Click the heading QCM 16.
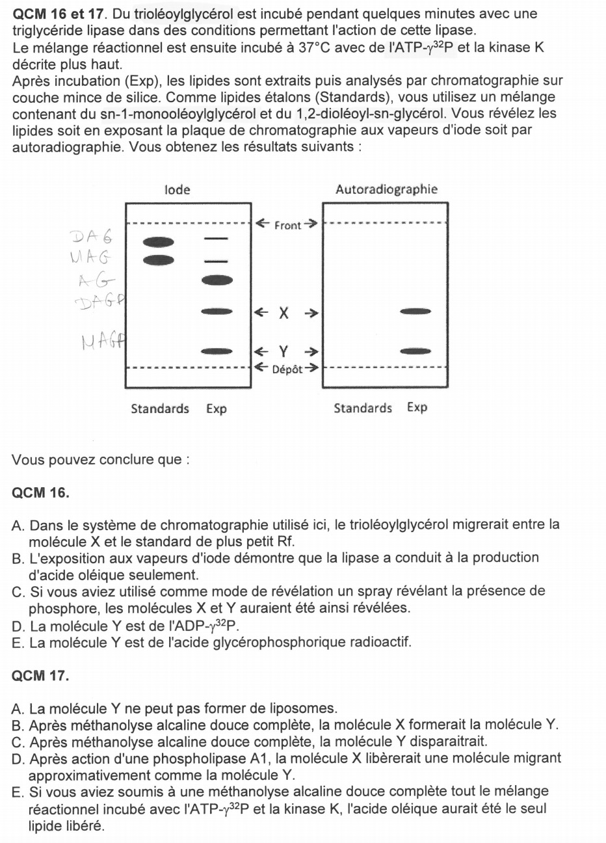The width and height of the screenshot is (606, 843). tap(40, 492)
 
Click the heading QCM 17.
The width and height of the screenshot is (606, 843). tap(40, 676)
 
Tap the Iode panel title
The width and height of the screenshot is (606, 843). tap(178, 190)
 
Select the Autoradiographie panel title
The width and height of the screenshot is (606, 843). tap(386, 190)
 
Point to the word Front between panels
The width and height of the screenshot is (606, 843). tap(287, 226)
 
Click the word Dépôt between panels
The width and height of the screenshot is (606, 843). tap(287, 369)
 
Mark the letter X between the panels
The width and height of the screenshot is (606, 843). tap(284, 313)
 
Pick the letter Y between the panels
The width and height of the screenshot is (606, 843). tap(284, 352)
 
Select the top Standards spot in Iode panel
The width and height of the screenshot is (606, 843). tap(159, 243)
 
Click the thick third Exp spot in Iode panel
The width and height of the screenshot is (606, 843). tap(217, 280)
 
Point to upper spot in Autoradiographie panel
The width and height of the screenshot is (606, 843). tap(416, 312)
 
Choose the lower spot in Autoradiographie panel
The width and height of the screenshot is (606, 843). tap(416, 351)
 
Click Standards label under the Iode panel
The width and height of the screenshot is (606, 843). tap(160, 408)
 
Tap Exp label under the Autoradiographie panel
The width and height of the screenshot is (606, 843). tap(417, 408)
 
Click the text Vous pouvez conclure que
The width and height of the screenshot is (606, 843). tap(101, 460)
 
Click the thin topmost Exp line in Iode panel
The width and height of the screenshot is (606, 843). tap(217, 239)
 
